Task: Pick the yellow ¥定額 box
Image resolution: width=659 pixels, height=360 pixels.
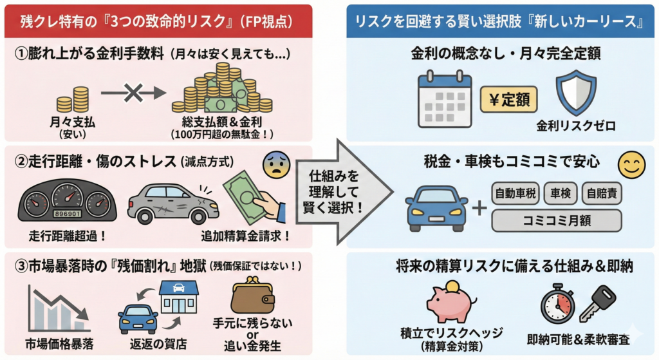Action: (x=508, y=100)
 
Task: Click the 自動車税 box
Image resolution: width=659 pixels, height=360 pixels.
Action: (x=515, y=193)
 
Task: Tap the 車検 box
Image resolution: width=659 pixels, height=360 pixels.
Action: (x=560, y=193)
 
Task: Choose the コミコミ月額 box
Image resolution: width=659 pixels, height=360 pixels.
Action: (x=557, y=220)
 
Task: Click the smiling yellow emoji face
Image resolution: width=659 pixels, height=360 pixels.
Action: (x=631, y=166)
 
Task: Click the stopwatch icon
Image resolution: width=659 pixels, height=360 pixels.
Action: (x=557, y=302)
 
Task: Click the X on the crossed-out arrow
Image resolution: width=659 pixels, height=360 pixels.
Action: (x=133, y=94)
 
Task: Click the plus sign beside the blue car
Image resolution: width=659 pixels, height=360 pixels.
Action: (x=478, y=207)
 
